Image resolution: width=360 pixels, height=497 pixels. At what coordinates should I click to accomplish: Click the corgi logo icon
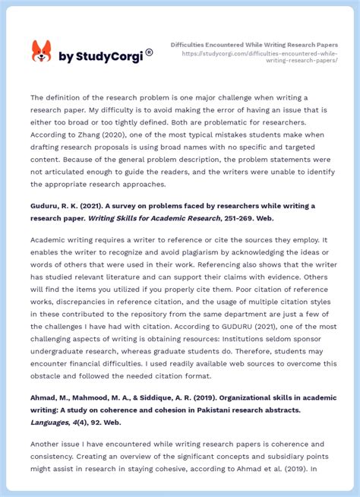(x=41, y=52)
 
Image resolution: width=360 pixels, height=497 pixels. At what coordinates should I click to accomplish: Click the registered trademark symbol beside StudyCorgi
(x=149, y=52)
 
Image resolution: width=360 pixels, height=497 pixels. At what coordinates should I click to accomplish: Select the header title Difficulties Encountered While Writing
(x=254, y=44)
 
